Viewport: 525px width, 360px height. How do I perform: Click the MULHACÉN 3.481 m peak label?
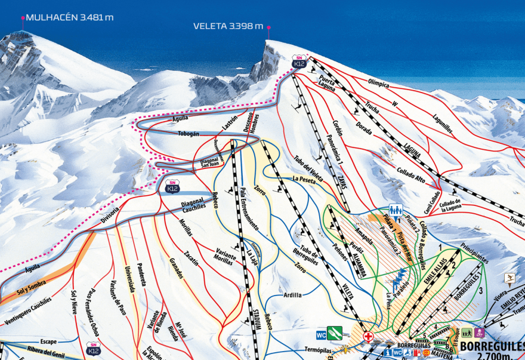pos(69,17)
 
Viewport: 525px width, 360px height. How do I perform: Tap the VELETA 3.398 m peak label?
pos(228,26)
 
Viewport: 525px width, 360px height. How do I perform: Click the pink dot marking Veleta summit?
pos(269,27)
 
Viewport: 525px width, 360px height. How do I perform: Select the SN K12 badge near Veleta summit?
pos(299,61)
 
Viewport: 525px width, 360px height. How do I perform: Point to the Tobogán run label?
pos(188,134)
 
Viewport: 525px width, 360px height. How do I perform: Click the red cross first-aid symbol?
pos(368,336)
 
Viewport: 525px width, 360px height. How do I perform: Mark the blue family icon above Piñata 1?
pos(395,210)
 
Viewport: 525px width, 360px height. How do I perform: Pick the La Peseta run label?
pos(304,179)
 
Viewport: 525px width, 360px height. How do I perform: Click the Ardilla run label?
pos(293,295)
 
